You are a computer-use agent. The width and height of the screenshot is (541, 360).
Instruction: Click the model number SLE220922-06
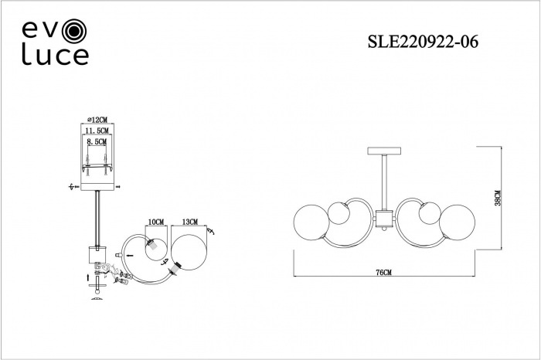[x=423, y=42]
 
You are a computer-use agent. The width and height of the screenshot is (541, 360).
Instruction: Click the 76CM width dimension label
[x=383, y=273]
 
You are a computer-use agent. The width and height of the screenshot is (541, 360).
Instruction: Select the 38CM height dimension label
[x=497, y=198]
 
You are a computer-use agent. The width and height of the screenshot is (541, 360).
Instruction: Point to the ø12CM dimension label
[x=97, y=120]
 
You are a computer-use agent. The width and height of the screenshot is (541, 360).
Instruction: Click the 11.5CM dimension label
[x=97, y=131]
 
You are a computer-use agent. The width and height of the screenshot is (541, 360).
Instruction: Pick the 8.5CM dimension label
[x=97, y=141]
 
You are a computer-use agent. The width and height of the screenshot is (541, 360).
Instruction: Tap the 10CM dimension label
[x=156, y=222]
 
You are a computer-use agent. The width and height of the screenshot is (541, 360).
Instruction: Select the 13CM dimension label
[x=190, y=222]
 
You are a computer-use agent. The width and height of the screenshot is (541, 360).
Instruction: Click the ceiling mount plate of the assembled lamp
[x=384, y=151]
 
